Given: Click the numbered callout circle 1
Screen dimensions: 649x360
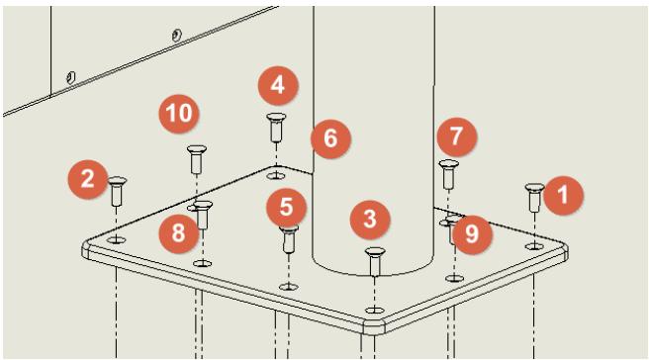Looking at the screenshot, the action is coord(563,195).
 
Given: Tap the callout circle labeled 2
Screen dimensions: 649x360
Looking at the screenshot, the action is coord(88,180).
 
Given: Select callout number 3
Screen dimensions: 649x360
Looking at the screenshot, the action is coord(370,219).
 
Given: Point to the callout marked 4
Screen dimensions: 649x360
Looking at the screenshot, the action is coord(278,86).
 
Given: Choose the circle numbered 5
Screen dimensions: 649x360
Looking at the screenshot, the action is coord(287,208).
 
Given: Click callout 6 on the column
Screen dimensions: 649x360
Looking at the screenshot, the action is coord(330,138).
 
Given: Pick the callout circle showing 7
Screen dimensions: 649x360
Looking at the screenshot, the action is coord(456,136).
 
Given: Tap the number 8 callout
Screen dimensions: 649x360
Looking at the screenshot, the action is coord(179,232).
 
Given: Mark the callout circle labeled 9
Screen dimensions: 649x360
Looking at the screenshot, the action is coord(472,234).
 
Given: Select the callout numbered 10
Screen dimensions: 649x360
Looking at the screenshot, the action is coord(179,113).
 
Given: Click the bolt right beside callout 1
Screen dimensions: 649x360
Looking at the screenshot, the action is coord(534,198).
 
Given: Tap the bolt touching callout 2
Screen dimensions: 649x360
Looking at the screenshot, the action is coord(117,191).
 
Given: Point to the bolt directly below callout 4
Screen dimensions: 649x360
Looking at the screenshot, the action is coord(276,127).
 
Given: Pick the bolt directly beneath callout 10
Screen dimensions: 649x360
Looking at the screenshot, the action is coord(197,159).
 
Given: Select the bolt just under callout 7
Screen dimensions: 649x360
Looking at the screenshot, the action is coord(449,174).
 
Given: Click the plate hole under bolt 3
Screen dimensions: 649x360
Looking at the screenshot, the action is coord(375,310).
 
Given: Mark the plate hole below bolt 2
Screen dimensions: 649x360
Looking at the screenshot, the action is coord(117,239).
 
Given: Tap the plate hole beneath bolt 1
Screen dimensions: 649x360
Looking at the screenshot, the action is coord(534,246).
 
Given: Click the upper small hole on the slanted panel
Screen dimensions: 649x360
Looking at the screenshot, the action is coord(177,35).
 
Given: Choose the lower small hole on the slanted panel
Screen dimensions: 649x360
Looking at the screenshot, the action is coord(71,77).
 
